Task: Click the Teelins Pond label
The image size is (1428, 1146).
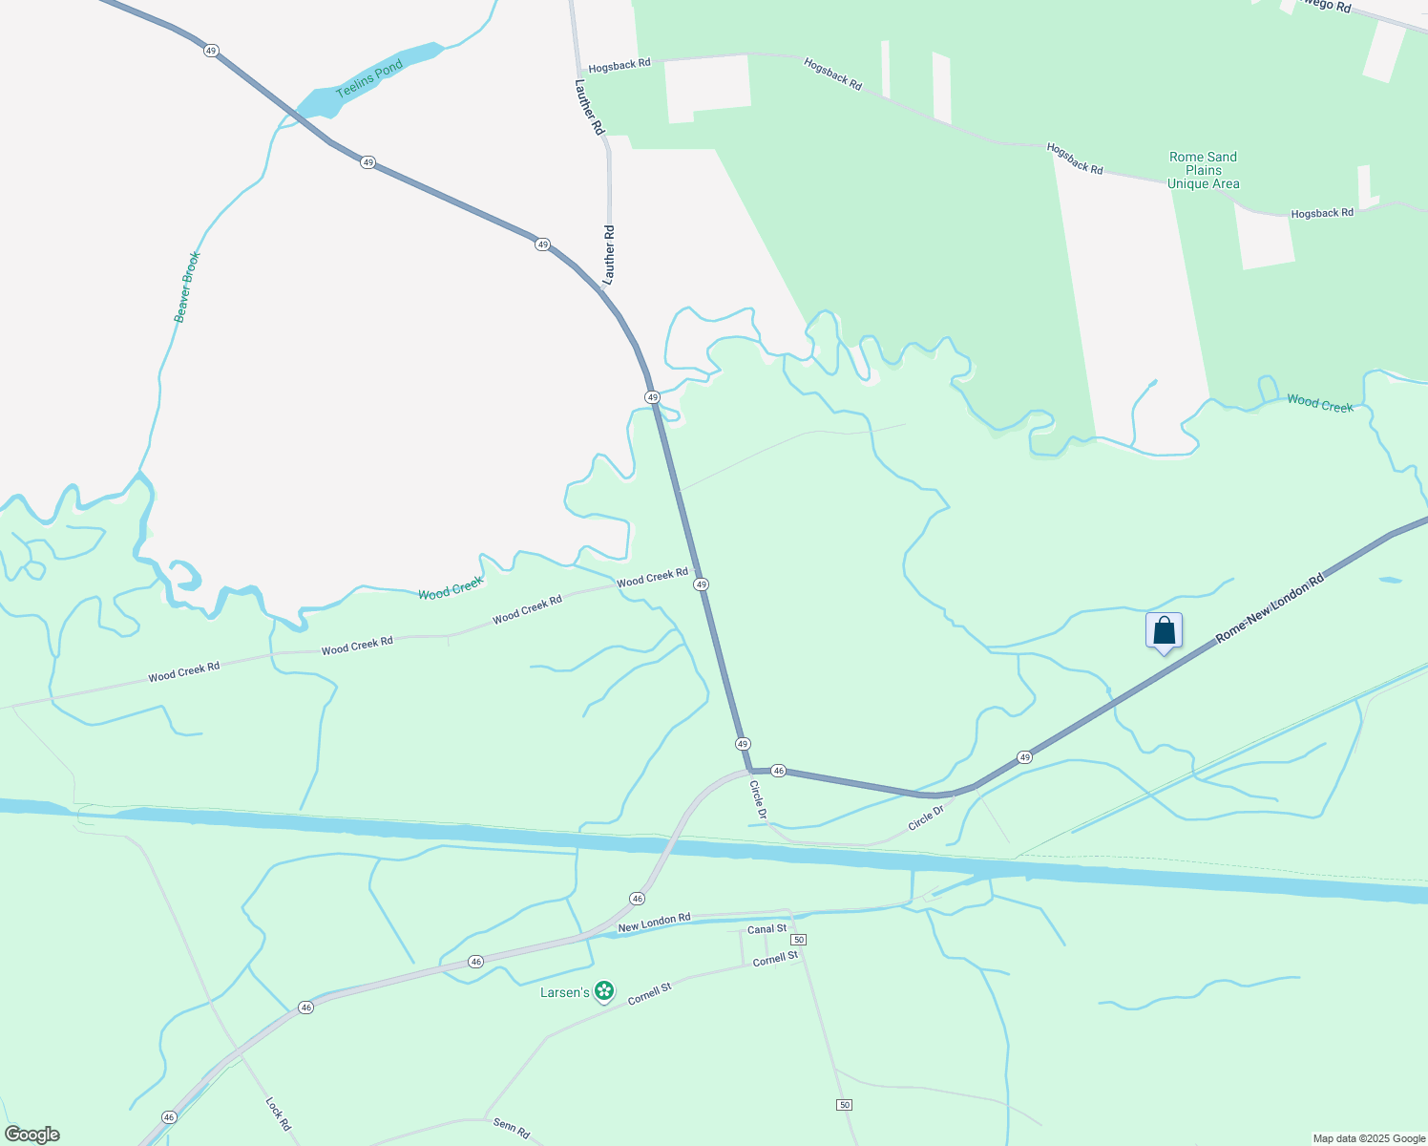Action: tap(369, 81)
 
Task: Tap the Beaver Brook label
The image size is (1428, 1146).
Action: tap(187, 286)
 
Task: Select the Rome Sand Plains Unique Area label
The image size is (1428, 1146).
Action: tap(1203, 170)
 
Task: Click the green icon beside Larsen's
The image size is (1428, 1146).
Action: tap(604, 992)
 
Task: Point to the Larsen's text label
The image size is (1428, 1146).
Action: tap(565, 993)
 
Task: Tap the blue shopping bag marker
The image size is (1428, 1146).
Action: tap(1164, 631)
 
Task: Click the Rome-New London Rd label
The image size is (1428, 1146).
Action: tap(1270, 608)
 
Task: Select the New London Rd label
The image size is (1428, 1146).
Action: tap(654, 923)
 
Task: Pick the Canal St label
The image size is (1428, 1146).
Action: tap(767, 928)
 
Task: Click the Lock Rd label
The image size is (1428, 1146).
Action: tap(278, 1114)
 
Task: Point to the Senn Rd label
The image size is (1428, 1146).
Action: tap(512, 1128)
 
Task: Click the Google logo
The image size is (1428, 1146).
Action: tap(31, 1135)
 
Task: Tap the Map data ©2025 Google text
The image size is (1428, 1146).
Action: tap(1368, 1138)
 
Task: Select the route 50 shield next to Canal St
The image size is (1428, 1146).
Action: tap(799, 940)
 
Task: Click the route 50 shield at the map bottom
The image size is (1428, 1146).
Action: tap(844, 1105)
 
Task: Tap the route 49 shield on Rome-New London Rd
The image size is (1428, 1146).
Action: tap(1024, 756)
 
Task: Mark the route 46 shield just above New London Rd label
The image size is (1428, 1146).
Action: tap(637, 899)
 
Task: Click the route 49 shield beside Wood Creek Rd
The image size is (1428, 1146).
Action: tap(702, 584)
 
